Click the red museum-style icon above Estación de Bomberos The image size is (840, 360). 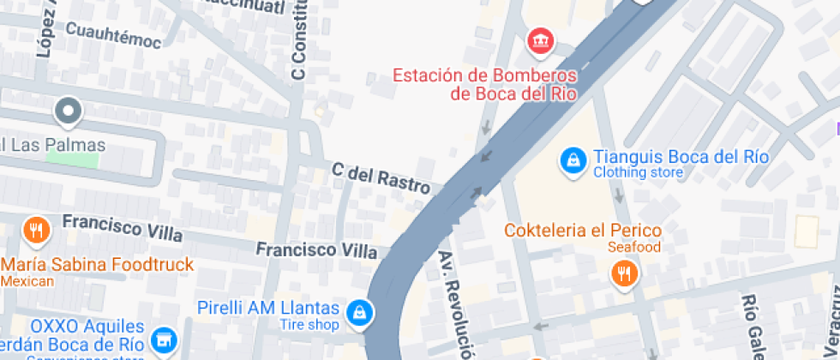click(x=541, y=39)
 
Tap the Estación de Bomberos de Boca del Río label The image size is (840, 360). click(x=483, y=84)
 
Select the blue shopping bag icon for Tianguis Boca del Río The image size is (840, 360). click(x=571, y=159)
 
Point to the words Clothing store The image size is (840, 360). click(x=638, y=173)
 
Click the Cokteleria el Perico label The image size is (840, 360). click(x=582, y=231)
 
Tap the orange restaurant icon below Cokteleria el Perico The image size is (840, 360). click(x=623, y=273)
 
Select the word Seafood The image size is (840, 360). click(x=634, y=247)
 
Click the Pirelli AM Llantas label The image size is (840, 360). click(x=268, y=308)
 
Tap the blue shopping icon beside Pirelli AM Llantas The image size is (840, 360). click(x=359, y=314)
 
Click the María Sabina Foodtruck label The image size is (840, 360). click(x=97, y=264)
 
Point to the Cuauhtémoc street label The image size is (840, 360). click(x=113, y=40)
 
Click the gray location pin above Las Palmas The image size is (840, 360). click(x=68, y=111)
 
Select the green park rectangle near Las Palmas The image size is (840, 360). click(x=72, y=159)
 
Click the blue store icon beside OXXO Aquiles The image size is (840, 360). click(x=163, y=339)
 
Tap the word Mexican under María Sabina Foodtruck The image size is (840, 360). click(x=27, y=280)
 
